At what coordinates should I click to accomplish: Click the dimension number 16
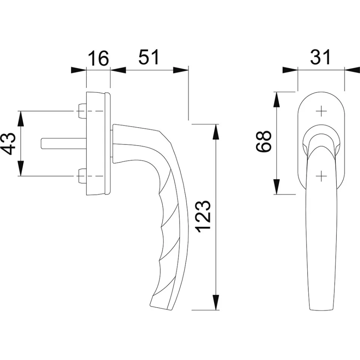tap(98, 59)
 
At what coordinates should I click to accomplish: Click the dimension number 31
tap(321, 58)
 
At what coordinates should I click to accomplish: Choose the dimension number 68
tap(263, 141)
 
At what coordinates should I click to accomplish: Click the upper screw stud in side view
tap(82, 111)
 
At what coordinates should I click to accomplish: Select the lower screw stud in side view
tap(82, 176)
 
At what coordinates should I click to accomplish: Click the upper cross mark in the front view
tap(321, 111)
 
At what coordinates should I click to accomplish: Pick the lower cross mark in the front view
tap(321, 176)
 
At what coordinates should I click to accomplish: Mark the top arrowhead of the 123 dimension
tap(215, 131)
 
